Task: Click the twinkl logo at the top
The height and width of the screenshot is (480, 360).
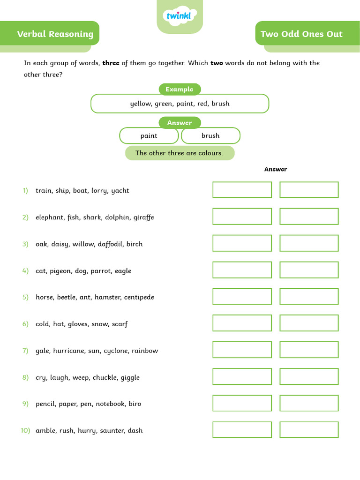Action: (x=180, y=16)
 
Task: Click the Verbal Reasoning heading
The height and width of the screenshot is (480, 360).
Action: (x=55, y=34)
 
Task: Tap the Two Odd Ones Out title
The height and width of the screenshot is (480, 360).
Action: (x=301, y=34)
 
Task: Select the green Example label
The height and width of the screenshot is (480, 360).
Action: (x=180, y=89)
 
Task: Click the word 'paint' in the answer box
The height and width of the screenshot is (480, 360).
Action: (x=149, y=135)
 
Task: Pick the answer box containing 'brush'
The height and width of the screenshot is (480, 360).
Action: (x=210, y=135)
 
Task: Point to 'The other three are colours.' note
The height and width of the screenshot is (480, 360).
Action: (x=180, y=153)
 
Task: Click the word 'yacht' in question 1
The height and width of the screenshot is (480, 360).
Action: (x=120, y=191)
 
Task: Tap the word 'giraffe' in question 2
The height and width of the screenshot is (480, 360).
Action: (x=143, y=217)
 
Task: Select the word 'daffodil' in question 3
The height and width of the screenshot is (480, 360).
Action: (x=111, y=244)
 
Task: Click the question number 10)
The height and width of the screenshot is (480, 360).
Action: (x=25, y=430)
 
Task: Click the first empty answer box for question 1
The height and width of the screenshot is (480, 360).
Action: (x=242, y=190)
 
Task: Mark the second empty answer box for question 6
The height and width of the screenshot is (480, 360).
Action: (x=309, y=323)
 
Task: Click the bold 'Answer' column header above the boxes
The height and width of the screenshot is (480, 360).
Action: (x=276, y=169)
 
